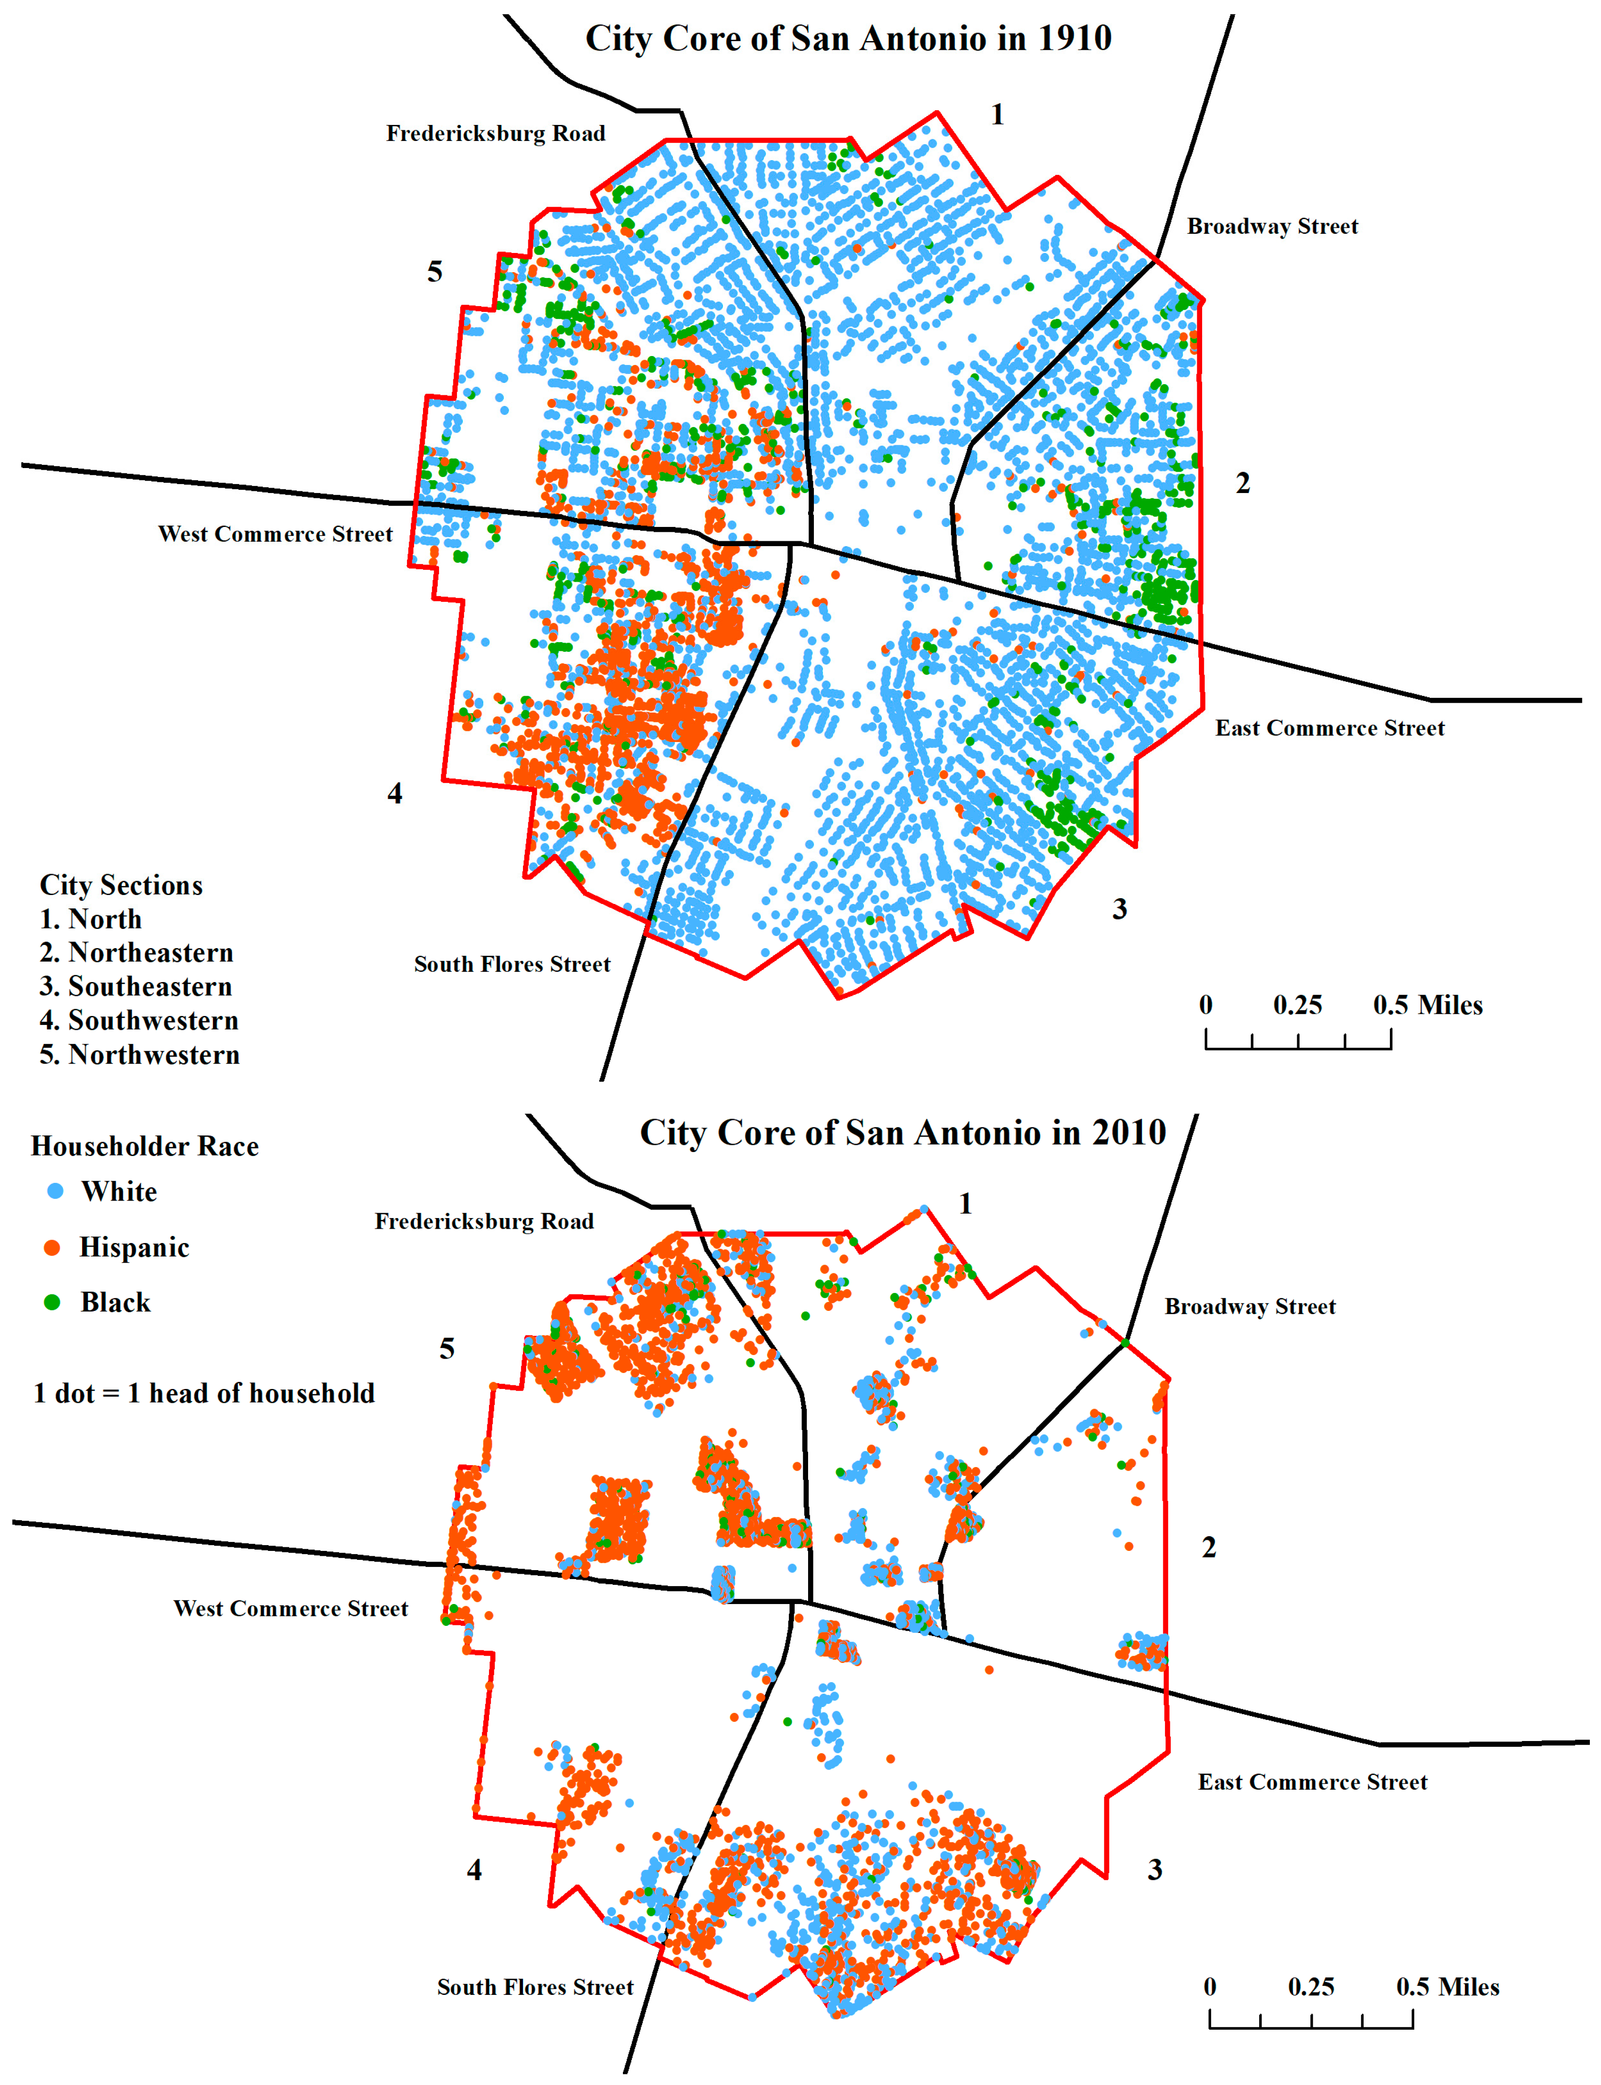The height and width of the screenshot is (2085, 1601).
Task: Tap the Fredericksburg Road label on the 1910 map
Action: [496, 133]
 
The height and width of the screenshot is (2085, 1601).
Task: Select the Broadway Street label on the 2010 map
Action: [1249, 1306]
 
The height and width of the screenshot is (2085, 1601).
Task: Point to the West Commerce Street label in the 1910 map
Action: [275, 535]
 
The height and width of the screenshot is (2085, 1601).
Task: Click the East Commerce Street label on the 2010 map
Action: [1312, 1782]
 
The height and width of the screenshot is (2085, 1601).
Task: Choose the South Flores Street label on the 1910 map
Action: [512, 964]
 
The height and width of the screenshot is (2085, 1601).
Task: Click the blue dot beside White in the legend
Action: [55, 1191]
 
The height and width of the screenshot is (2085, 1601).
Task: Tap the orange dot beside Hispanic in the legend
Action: [52, 1248]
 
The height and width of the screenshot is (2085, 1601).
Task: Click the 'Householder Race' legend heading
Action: [145, 1146]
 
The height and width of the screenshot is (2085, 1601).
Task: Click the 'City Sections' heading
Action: [121, 885]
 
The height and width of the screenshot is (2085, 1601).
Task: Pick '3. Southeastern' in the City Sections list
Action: [136, 986]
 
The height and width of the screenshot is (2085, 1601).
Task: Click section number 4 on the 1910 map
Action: [394, 794]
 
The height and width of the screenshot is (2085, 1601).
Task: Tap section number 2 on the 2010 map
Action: [1208, 1547]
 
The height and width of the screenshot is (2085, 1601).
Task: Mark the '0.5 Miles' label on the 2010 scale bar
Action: [1448, 1987]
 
